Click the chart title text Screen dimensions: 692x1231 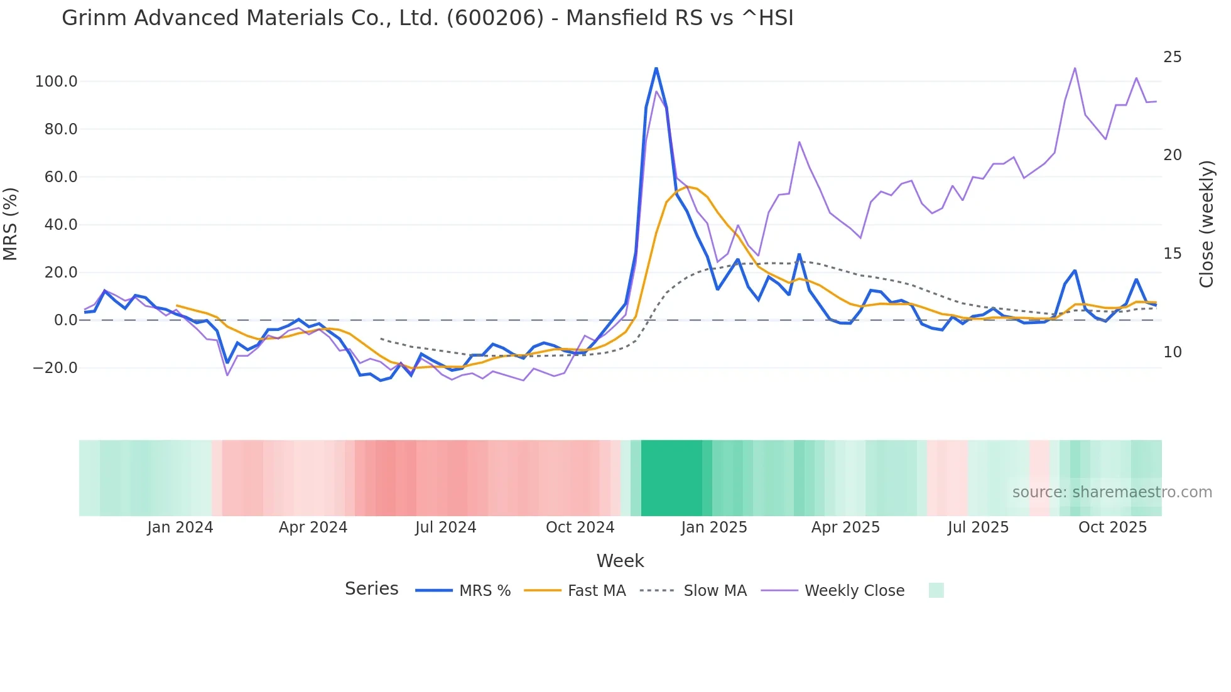coord(427,18)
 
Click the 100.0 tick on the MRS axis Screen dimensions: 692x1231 coord(56,82)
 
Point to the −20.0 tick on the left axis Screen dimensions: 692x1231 coord(55,368)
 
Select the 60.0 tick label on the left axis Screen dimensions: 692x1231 coord(60,177)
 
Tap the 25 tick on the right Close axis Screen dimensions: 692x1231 coord(1172,57)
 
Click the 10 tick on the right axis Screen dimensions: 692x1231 coord(1172,352)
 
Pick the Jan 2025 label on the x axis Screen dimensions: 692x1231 coord(713,527)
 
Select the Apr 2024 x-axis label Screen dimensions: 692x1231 coord(313,527)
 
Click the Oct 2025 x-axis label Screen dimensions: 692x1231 coord(1112,527)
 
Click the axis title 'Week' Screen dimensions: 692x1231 coord(620,561)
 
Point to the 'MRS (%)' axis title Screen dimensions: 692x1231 coord(11,224)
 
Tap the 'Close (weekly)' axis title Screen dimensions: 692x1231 coord(1206,224)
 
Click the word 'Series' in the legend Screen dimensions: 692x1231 coord(371,589)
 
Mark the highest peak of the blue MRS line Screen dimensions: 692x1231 coord(656,68)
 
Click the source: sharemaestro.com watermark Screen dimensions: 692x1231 coord(1112,492)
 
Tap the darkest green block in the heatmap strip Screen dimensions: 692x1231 coord(671,478)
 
